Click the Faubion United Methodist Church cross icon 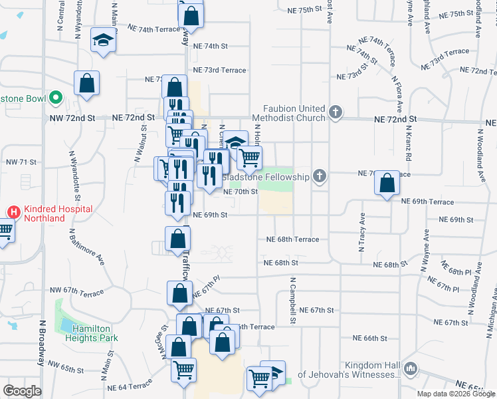tap(336, 112)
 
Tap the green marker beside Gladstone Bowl tap(56, 99)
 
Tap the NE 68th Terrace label tap(292, 239)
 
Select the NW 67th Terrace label tap(76, 293)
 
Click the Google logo tap(22, 391)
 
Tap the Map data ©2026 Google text tap(455, 394)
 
